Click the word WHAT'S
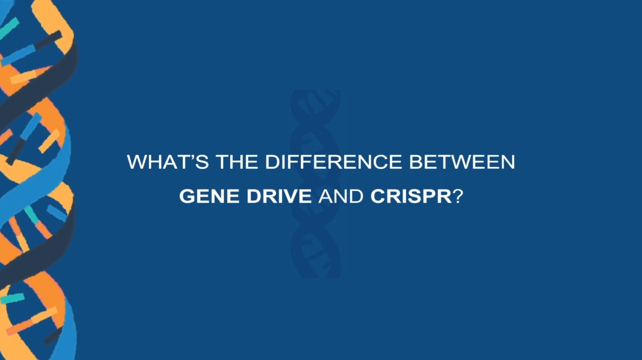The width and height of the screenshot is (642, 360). click(x=168, y=162)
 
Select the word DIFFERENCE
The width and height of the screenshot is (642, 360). click(x=334, y=162)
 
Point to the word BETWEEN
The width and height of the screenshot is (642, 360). click(x=462, y=162)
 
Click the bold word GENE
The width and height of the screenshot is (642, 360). click(x=209, y=196)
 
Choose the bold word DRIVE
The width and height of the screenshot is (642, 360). click(x=279, y=196)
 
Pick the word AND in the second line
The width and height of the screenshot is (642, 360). click(x=341, y=196)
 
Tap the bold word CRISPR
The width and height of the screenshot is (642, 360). click(x=411, y=196)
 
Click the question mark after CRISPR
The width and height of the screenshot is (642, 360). click(x=458, y=196)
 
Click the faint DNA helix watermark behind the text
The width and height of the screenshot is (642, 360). click(x=315, y=184)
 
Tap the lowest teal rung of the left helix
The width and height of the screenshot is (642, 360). click(x=12, y=298)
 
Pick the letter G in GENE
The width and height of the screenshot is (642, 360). click(x=186, y=196)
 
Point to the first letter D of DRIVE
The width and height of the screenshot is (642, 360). click(x=253, y=196)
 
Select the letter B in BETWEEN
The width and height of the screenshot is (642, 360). click(x=416, y=162)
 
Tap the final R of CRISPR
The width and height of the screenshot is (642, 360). click(x=445, y=196)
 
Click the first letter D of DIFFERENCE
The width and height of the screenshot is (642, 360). click(x=272, y=162)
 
